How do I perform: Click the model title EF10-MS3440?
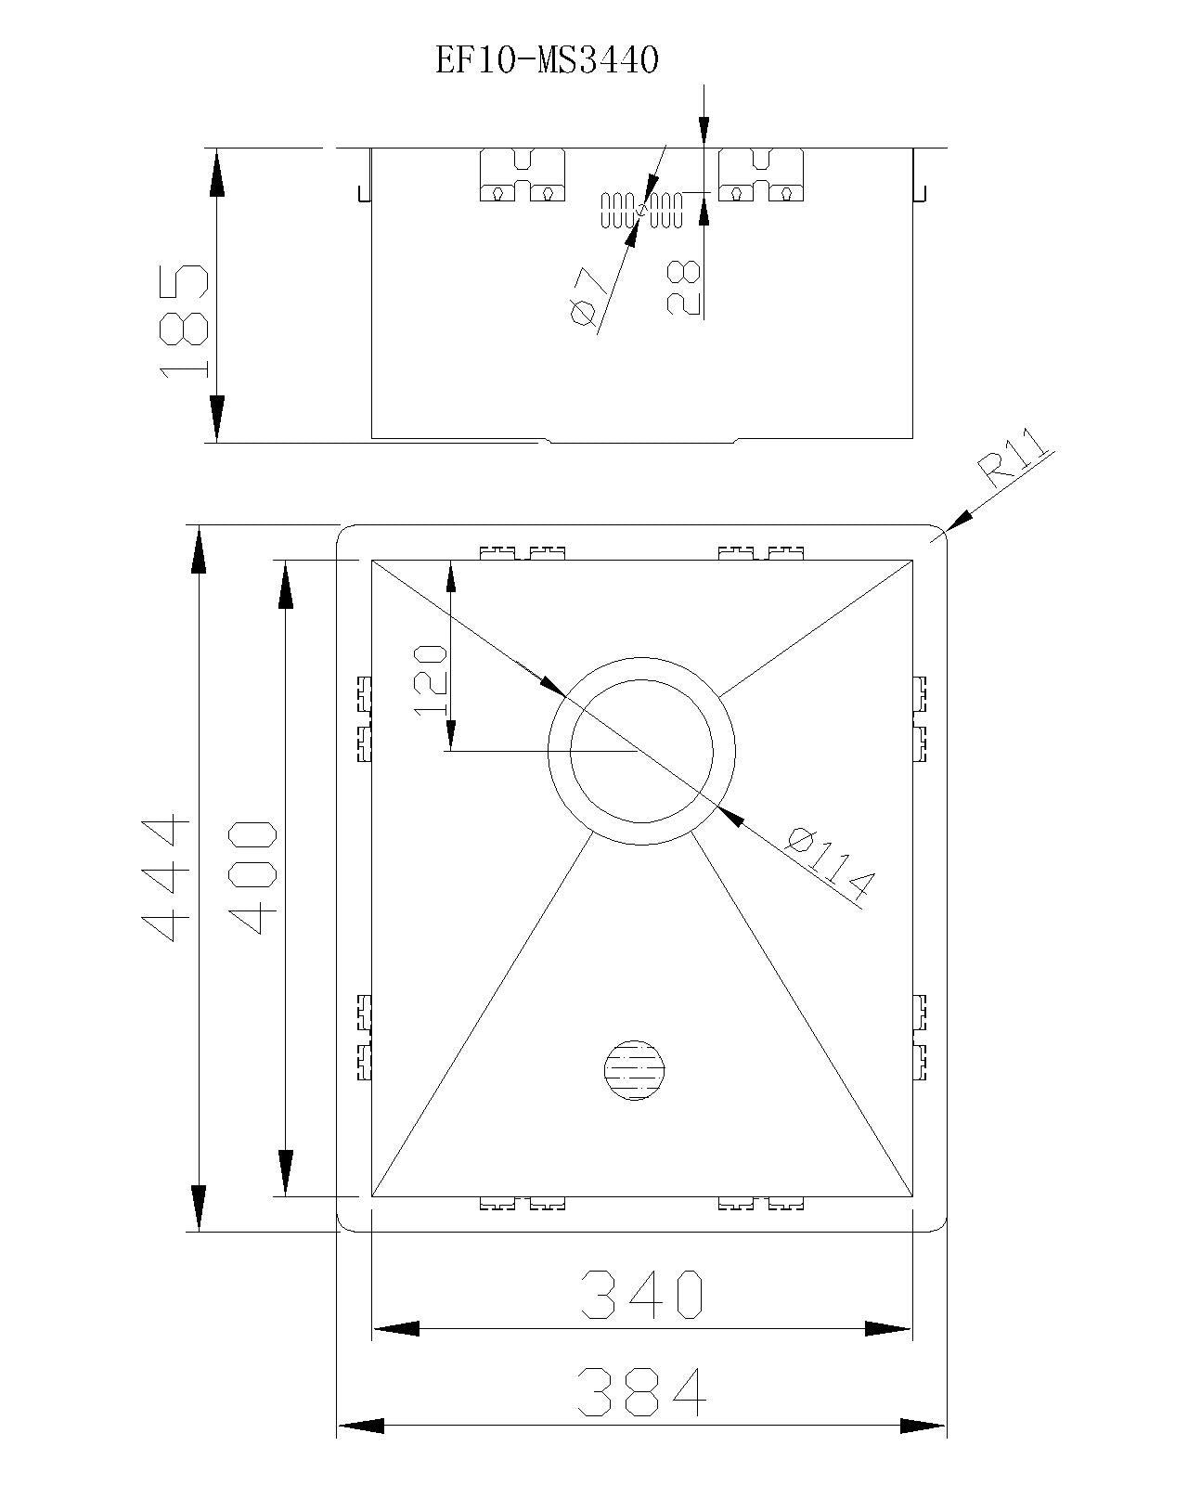pyautogui.click(x=548, y=61)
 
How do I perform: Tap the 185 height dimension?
pyautogui.click(x=183, y=320)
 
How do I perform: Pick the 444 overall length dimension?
pyautogui.click(x=167, y=877)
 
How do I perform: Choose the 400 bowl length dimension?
pyautogui.click(x=251, y=877)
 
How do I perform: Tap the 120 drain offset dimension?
pyautogui.click(x=432, y=678)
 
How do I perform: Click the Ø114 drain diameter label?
pyautogui.click(x=831, y=865)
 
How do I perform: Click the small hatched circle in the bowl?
pyautogui.click(x=635, y=1070)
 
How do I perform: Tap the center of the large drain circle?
pyautogui.click(x=641, y=750)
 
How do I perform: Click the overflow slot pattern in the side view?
pyautogui.click(x=642, y=211)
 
